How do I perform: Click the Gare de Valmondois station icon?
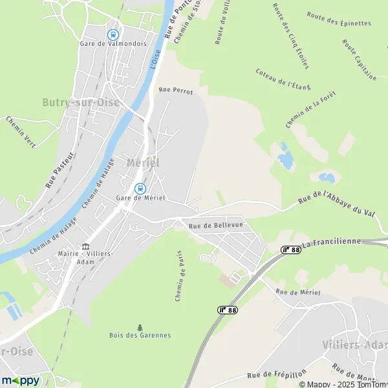coord(113,34)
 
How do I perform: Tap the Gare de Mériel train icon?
coord(140,188)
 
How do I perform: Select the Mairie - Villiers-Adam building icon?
coord(85,246)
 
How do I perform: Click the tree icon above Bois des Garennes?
coord(140,327)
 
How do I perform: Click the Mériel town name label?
coord(143,162)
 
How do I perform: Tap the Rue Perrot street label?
coord(176,91)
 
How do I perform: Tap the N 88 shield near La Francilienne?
coord(291,249)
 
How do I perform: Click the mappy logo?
coord(21,380)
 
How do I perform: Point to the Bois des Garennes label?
coord(140,335)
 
